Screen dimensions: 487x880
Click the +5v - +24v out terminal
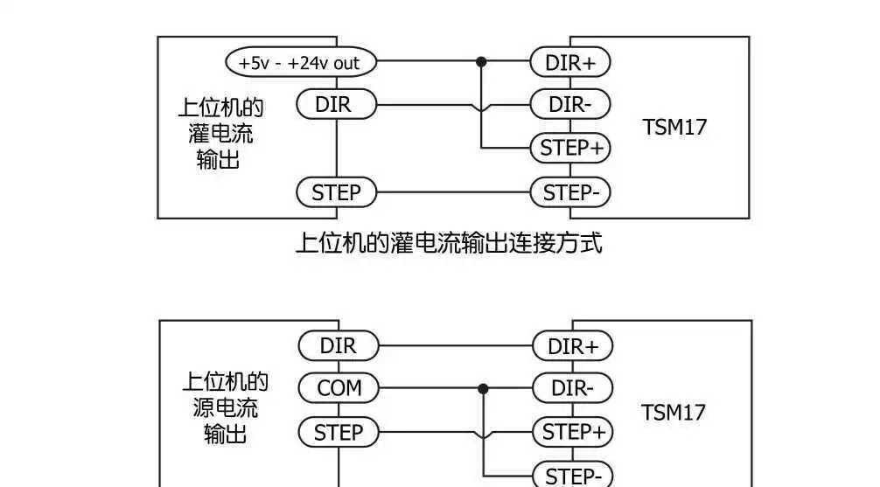pyautogui.click(x=300, y=62)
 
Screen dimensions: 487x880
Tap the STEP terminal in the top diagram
pyautogui.click(x=336, y=192)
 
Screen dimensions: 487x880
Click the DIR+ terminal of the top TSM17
pyautogui.click(x=570, y=62)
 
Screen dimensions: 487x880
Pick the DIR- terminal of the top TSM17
pyautogui.click(x=570, y=105)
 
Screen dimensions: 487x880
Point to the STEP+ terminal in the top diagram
pyautogui.click(x=570, y=148)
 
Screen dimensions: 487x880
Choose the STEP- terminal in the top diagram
pyautogui.click(x=570, y=192)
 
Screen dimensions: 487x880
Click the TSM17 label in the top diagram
pyautogui.click(x=674, y=127)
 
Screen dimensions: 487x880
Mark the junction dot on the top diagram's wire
pyautogui.click(x=481, y=62)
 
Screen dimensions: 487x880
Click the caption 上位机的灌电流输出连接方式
pyautogui.click(x=449, y=242)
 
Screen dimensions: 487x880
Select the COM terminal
pyautogui.click(x=339, y=387)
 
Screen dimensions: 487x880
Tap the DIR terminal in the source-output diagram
pyautogui.click(x=339, y=345)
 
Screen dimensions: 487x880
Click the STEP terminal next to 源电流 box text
pyautogui.click(x=339, y=432)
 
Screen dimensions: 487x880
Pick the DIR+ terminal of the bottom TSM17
pyautogui.click(x=573, y=346)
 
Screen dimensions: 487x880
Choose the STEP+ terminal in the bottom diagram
pyautogui.click(x=573, y=432)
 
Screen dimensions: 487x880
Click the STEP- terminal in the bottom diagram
pyautogui.click(x=573, y=476)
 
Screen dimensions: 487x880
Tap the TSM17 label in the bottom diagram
pyautogui.click(x=674, y=412)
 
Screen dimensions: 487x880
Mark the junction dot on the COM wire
pyautogui.click(x=482, y=387)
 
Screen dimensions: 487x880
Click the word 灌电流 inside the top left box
pyautogui.click(x=220, y=134)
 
